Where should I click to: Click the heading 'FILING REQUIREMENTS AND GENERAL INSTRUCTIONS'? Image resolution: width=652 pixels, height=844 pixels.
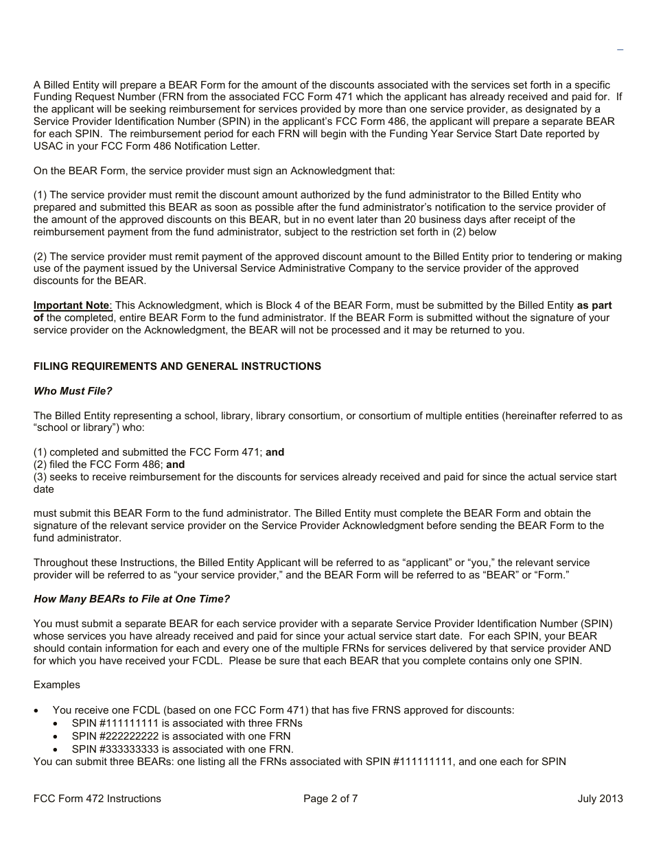click(x=177, y=366)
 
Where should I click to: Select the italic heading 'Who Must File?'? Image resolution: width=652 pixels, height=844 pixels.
click(x=73, y=391)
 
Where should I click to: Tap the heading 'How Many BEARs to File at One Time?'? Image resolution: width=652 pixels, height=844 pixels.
click(x=132, y=599)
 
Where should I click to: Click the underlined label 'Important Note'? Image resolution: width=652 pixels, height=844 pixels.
click(x=71, y=305)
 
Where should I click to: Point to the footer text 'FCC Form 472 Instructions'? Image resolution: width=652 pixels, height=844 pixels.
click(x=97, y=798)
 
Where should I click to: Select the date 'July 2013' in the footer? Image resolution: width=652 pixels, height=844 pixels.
click(x=600, y=798)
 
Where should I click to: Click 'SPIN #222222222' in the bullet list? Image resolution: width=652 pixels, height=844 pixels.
click(x=115, y=736)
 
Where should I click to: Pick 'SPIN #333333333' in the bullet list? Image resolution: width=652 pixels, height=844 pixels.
click(x=115, y=749)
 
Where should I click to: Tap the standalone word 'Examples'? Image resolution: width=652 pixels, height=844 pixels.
click(x=57, y=685)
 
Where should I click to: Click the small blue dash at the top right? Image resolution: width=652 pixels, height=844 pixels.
click(x=620, y=50)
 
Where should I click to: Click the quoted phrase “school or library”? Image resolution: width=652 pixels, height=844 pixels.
click(x=76, y=428)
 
